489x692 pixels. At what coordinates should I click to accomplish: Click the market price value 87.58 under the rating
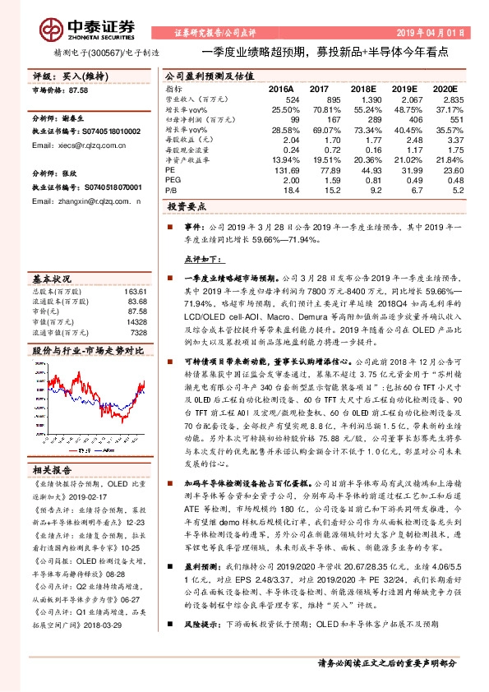point(76,90)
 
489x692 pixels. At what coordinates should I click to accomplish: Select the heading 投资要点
point(187,206)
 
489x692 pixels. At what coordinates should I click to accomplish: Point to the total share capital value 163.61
point(134,292)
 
